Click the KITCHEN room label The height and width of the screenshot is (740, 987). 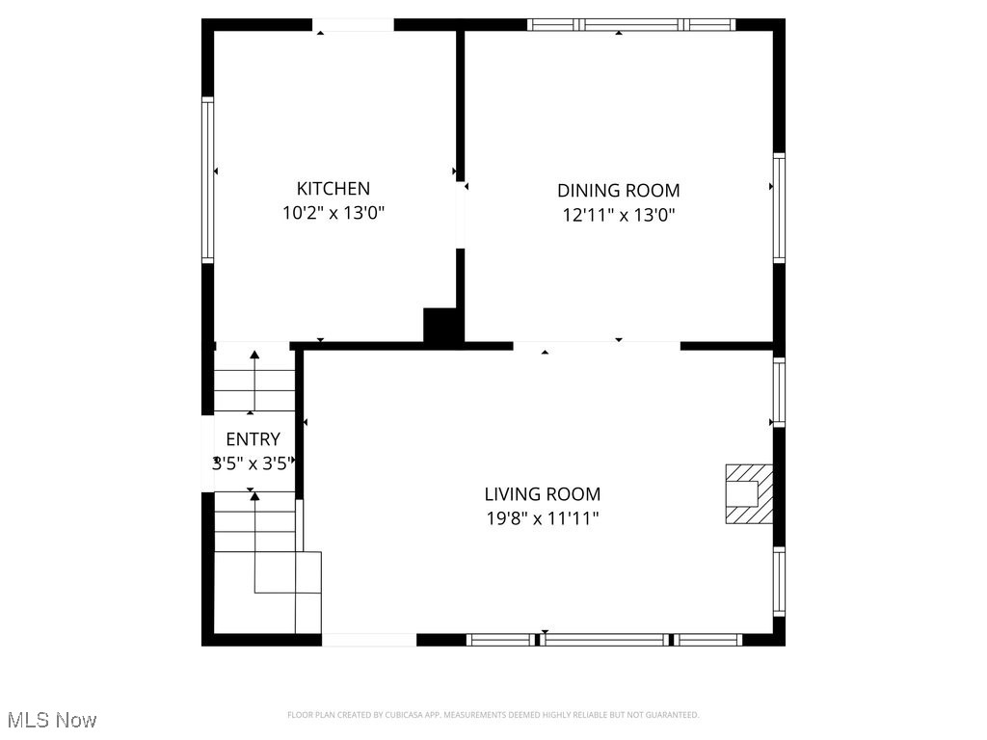333,189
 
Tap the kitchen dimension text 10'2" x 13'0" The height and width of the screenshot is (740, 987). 333,214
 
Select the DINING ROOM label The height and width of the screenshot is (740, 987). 618,191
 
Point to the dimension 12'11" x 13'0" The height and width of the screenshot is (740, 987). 618,216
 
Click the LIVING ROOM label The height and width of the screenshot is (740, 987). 542,494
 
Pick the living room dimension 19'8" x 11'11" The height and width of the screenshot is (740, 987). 542,519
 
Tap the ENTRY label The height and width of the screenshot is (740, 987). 253,439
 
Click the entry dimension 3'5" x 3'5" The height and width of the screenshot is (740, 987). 253,463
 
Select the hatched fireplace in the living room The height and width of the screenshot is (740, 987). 749,493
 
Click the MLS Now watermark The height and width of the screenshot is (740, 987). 52,720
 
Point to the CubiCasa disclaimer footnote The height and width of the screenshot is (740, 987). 493,715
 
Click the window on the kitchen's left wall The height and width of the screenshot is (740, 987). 207,179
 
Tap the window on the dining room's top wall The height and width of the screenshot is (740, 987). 631,25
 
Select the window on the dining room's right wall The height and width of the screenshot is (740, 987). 779,207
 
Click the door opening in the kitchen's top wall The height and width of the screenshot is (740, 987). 353,25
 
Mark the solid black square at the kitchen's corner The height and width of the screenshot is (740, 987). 441,325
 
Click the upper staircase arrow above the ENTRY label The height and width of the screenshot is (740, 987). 254,381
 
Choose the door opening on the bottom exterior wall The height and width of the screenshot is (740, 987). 368,639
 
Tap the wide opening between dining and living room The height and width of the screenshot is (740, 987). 596,345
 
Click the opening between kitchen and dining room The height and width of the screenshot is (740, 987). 461,214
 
